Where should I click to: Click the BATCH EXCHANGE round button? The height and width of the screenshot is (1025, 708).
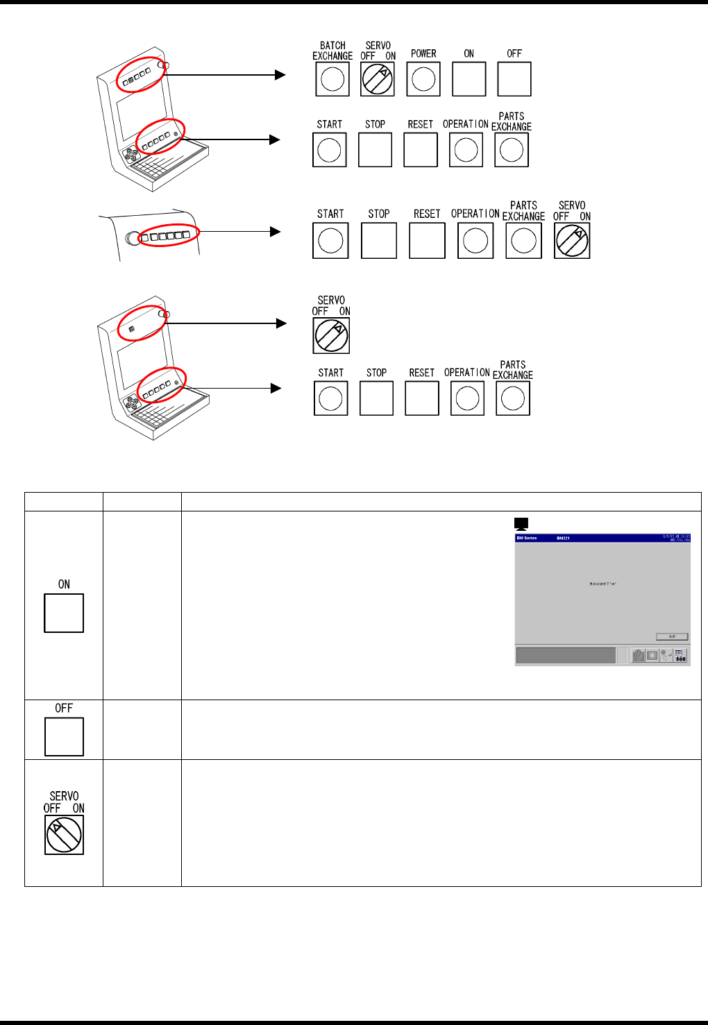[332, 79]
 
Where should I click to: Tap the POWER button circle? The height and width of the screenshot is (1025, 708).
[423, 79]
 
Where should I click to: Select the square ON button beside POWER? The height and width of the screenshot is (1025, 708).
[469, 79]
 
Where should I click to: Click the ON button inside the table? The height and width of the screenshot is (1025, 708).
[64, 613]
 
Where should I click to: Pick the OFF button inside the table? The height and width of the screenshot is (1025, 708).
[64, 736]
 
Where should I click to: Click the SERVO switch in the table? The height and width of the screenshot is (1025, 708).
[64, 834]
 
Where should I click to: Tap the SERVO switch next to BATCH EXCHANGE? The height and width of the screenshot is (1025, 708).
[378, 79]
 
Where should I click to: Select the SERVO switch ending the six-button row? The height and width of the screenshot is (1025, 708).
[572, 241]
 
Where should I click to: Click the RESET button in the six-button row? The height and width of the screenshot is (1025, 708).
[427, 241]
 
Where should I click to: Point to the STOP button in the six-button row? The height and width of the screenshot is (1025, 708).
[379, 241]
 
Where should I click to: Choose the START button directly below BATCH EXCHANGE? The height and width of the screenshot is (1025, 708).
[329, 150]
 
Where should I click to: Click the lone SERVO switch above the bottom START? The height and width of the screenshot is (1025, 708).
[331, 336]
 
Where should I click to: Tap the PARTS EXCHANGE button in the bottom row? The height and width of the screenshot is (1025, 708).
[513, 398]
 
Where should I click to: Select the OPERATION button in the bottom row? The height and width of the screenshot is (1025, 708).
[467, 398]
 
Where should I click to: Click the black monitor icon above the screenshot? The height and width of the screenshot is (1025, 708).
[521, 525]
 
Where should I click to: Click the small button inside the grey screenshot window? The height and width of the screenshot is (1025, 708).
[672, 636]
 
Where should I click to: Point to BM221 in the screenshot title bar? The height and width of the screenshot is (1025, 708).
[564, 538]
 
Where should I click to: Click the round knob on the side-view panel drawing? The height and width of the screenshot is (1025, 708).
[131, 238]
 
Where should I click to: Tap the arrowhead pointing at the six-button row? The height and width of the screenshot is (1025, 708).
[276, 232]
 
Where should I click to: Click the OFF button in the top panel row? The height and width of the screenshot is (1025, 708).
[514, 79]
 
